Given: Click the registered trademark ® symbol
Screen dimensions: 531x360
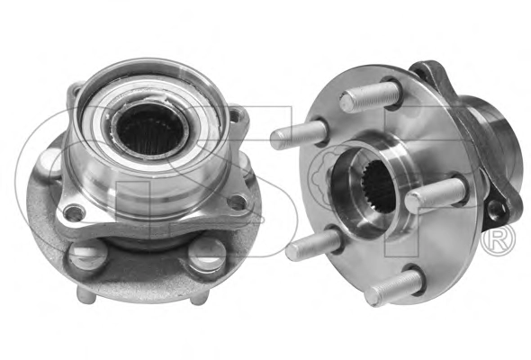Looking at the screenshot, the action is tap(499, 239).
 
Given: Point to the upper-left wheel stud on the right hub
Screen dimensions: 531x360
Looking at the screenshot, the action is tap(300, 134).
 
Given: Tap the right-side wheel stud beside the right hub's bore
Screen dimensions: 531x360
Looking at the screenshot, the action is tap(435, 193).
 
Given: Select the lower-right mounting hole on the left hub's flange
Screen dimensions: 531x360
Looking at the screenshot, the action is tap(238, 202).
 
